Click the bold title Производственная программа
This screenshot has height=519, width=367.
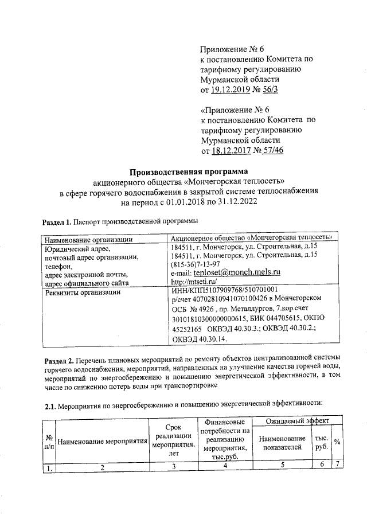point(189,171)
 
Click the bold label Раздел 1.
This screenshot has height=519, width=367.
point(57,221)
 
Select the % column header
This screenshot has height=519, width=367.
point(337,442)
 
